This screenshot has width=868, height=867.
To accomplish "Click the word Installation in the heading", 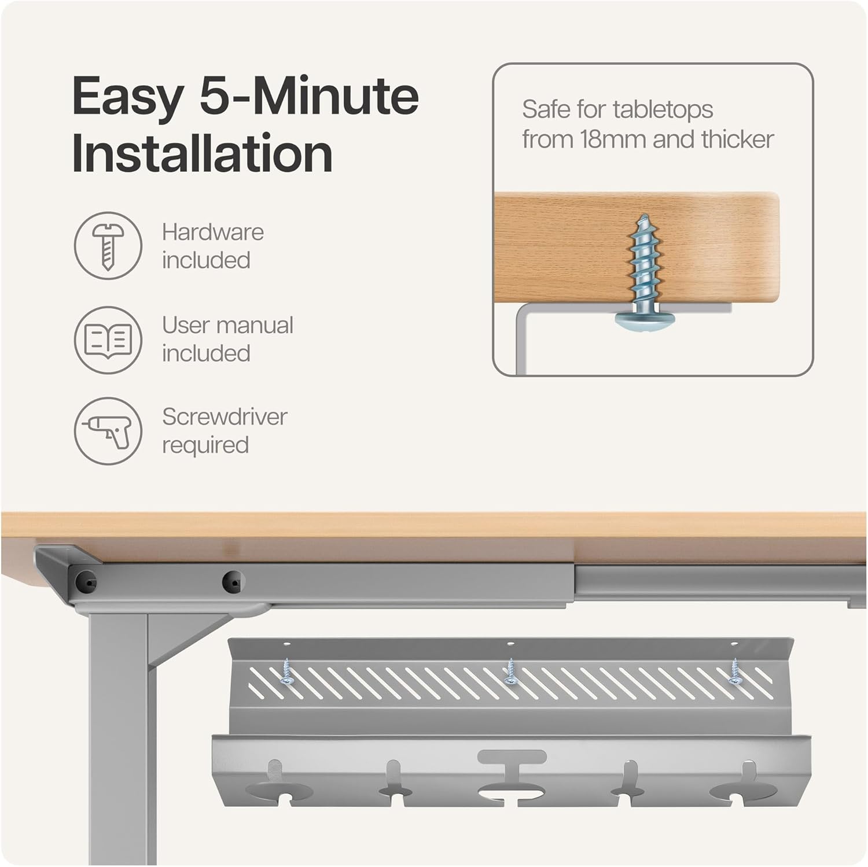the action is pyautogui.click(x=202, y=153).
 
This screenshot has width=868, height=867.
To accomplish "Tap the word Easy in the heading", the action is pyautogui.click(x=128, y=97).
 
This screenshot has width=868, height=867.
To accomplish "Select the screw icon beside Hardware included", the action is pyautogui.click(x=108, y=246).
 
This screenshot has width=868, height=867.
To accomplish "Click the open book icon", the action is pyautogui.click(x=108, y=340).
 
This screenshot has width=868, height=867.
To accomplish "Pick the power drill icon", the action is pyautogui.click(x=108, y=431).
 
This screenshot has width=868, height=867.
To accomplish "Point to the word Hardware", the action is pyautogui.click(x=213, y=233).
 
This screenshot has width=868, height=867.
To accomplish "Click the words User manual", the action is pyautogui.click(x=227, y=325).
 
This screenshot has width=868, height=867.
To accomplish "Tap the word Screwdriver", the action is pyautogui.click(x=225, y=416).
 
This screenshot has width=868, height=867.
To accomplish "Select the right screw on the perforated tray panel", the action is pyautogui.click(x=735, y=672).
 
